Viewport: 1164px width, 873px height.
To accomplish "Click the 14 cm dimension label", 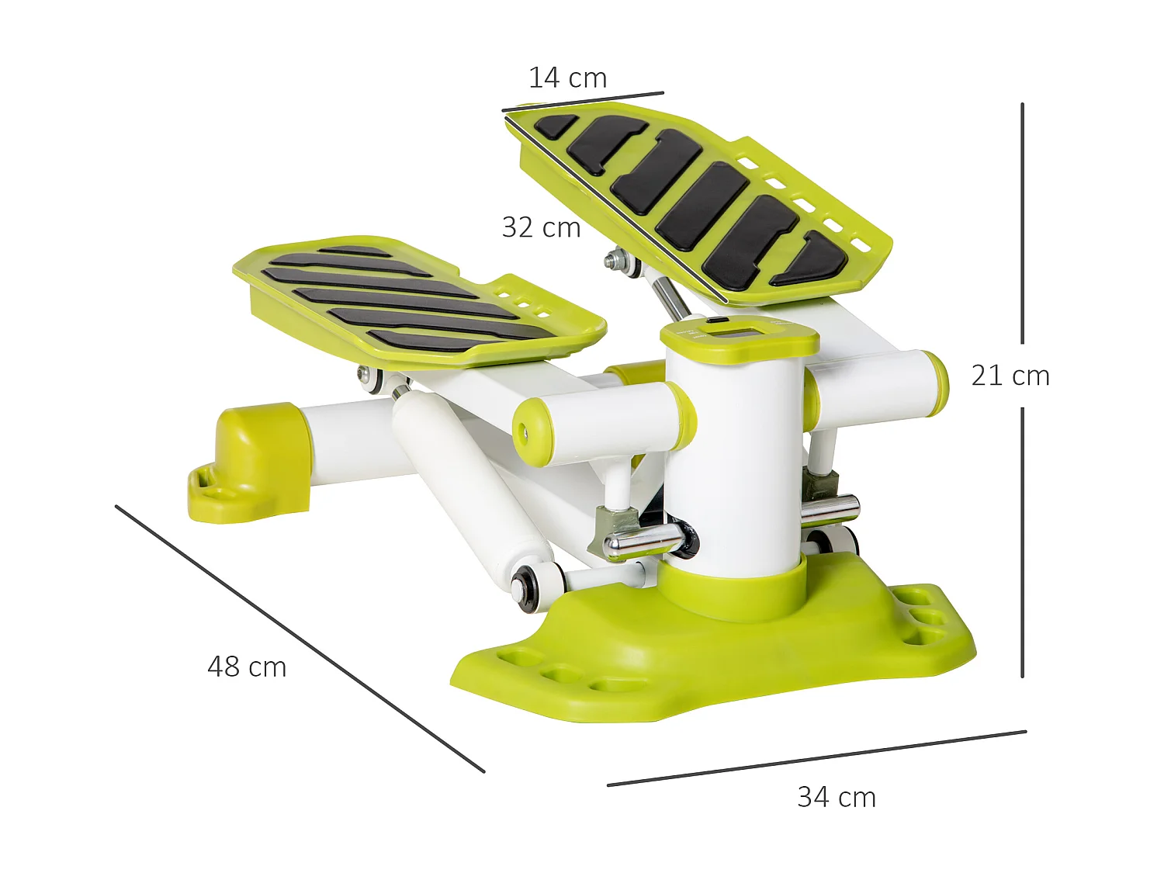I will pyautogui.click(x=567, y=78).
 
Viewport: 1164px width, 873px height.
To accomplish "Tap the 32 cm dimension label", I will pyautogui.click(x=541, y=228).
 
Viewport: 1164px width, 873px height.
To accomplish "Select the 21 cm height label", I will pyautogui.click(x=1010, y=376).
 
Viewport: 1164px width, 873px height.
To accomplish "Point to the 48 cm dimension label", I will pyautogui.click(x=247, y=667).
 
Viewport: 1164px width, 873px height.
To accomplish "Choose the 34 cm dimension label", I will pyautogui.click(x=837, y=798).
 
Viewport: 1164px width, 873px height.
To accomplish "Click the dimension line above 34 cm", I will pyautogui.click(x=816, y=758).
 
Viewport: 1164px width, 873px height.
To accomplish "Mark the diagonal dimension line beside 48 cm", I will pyautogui.click(x=300, y=639).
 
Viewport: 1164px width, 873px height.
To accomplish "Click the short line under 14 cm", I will pyautogui.click(x=583, y=102).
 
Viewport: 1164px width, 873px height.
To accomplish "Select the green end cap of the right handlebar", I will pyautogui.click(x=937, y=383).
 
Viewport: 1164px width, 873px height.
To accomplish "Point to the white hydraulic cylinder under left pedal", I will pyautogui.click(x=466, y=473).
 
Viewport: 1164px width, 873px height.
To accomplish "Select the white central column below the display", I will pyautogui.click(x=733, y=458).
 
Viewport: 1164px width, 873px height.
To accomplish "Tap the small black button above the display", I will pyautogui.click(x=716, y=320).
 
